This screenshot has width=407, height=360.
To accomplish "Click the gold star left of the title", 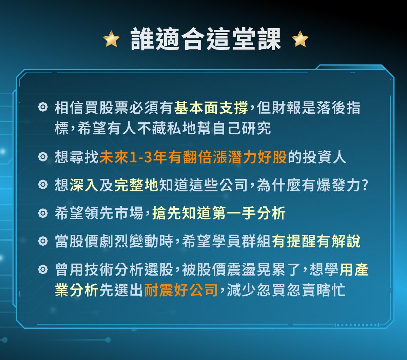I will click(111, 39).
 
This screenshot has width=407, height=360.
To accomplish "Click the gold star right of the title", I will click(300, 39).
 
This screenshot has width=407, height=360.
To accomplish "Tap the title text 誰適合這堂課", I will click(206, 39).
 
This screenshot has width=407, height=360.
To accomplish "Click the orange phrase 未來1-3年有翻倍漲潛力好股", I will click(193, 158).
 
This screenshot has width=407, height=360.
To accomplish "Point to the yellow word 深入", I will click(84, 186).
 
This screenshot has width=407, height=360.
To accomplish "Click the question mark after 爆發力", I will click(365, 186).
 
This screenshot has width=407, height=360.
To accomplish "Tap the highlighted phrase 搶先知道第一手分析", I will click(219, 213).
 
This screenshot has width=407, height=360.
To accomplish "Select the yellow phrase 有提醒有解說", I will click(316, 242).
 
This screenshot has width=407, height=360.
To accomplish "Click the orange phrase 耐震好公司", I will click(181, 290).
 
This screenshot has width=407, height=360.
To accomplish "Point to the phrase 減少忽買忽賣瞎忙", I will click(287, 290).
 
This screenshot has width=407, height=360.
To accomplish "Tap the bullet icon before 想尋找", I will click(43, 157).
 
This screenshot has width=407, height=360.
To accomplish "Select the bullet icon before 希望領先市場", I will click(43, 213).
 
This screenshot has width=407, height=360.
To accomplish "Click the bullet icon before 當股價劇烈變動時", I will click(43, 242).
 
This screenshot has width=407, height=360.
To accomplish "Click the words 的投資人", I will click(317, 158).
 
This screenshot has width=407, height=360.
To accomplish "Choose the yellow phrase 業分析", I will click(77, 290).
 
